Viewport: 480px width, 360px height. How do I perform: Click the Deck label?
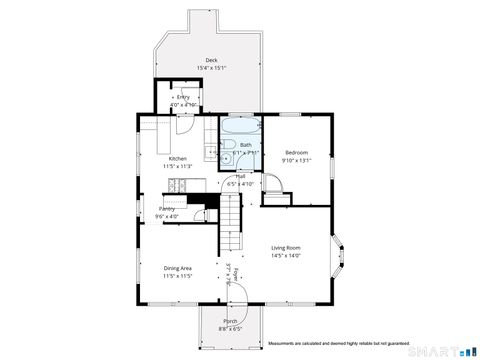click(x=211, y=60)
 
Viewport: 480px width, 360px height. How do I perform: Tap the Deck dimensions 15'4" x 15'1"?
click(x=211, y=68)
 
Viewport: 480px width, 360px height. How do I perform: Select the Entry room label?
click(x=183, y=97)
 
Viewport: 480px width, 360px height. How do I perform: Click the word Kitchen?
click(x=177, y=159)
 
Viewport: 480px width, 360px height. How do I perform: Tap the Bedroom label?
click(x=296, y=152)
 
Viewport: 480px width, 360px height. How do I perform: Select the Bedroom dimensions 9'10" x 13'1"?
click(x=296, y=160)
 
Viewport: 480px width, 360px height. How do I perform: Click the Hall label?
click(x=241, y=176)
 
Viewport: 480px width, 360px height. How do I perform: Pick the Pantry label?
click(x=166, y=208)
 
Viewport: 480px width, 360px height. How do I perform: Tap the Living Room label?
click(x=286, y=247)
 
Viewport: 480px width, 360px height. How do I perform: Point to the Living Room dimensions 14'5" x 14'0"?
click(x=286, y=255)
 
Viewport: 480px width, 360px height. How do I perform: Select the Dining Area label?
click(x=178, y=267)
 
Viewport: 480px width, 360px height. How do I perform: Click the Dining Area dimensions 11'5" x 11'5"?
click(x=178, y=275)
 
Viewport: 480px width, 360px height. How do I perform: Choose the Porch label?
click(x=230, y=321)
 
